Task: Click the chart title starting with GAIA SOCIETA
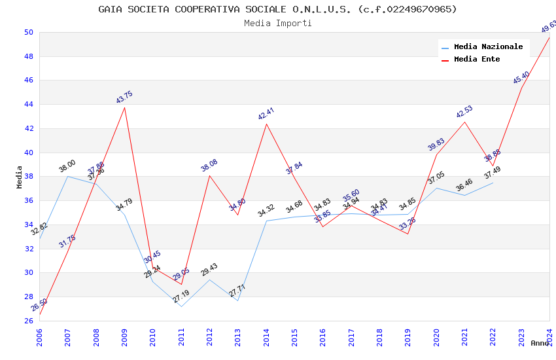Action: click(x=277, y=9)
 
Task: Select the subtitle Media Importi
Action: click(x=277, y=23)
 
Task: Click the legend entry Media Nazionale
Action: click(x=488, y=46)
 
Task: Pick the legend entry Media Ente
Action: click(x=477, y=59)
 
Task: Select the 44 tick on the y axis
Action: click(x=28, y=105)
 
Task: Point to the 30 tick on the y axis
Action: click(x=28, y=273)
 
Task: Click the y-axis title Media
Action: click(x=20, y=177)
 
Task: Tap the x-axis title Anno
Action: click(x=540, y=343)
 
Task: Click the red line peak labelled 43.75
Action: click(x=124, y=107)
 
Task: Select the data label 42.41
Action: click(x=266, y=114)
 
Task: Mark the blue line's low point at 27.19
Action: click(x=181, y=306)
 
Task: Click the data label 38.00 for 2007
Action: click(x=67, y=166)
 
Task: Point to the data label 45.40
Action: click(x=521, y=78)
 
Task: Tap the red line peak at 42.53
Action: click(x=464, y=122)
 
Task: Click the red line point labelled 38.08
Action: click(x=209, y=175)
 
